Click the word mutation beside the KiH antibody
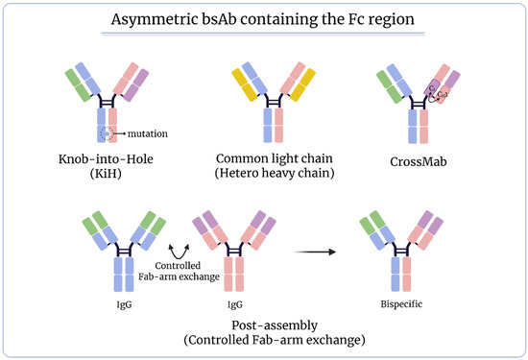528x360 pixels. (x=148, y=133)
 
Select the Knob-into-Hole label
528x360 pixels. (x=106, y=158)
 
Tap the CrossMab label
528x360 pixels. (x=419, y=161)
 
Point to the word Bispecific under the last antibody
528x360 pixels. (x=401, y=304)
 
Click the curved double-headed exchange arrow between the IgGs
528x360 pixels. (x=179, y=252)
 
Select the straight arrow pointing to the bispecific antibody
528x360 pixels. (x=315, y=252)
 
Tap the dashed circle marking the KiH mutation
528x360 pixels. (x=107, y=134)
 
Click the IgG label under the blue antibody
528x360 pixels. (x=124, y=304)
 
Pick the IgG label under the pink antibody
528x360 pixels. (x=234, y=304)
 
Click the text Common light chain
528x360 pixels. (x=275, y=158)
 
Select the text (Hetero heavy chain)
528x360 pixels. (x=275, y=173)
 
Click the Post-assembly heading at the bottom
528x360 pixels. (x=275, y=325)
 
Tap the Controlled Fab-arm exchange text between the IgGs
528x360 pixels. (x=179, y=271)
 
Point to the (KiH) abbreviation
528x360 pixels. (x=106, y=174)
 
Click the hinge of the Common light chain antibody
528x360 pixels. (x=274, y=102)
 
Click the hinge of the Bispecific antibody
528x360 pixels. (x=401, y=251)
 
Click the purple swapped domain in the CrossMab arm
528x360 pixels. (x=432, y=87)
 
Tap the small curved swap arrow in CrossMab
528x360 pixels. (x=434, y=97)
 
